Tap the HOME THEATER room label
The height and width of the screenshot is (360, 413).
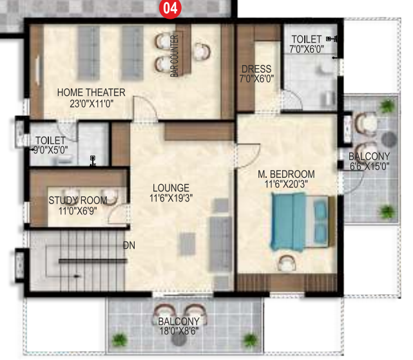tap(91, 92)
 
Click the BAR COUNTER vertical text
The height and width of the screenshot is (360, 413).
tap(175, 56)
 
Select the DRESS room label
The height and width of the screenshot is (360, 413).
tap(256, 69)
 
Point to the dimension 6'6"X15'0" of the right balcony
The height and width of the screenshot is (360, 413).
tap(369, 166)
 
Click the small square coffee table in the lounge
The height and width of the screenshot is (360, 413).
tap(186, 243)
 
